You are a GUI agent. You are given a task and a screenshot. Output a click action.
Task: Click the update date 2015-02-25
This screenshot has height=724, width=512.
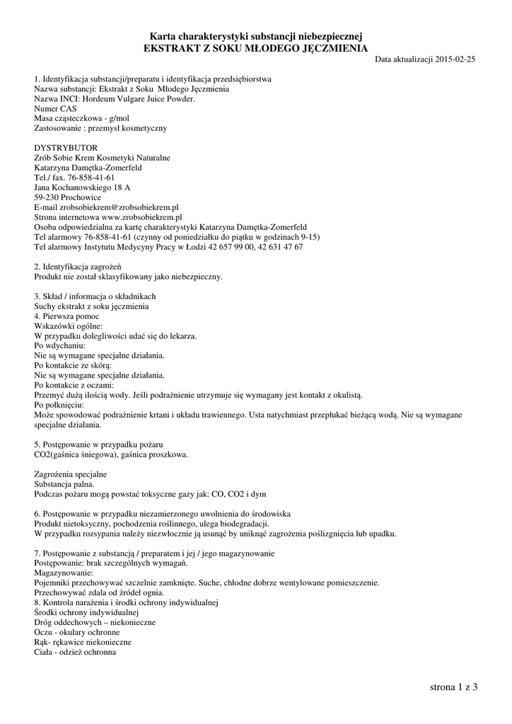(455, 60)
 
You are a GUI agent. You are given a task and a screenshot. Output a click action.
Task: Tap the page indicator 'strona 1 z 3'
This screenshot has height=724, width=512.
(453, 687)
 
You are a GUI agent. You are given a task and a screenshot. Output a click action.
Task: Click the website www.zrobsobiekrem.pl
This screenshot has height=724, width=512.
(141, 218)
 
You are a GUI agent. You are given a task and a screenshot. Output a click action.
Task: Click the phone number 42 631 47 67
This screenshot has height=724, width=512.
(279, 247)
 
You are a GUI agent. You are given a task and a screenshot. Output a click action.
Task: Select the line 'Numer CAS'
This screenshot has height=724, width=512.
(55, 109)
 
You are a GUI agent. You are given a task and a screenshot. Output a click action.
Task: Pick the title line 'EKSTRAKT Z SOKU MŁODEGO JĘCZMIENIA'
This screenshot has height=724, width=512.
(255, 48)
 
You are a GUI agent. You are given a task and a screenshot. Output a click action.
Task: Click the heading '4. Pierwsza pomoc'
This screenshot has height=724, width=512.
(66, 316)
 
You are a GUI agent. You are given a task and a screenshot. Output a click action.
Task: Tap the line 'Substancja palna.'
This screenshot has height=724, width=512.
(64, 484)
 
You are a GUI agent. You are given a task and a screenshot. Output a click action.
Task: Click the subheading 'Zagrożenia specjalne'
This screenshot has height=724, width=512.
(71, 474)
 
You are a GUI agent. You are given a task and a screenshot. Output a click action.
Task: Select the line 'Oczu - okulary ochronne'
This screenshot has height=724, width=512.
(76, 632)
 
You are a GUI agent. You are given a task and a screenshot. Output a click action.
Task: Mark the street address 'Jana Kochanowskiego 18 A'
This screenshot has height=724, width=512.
(82, 188)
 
